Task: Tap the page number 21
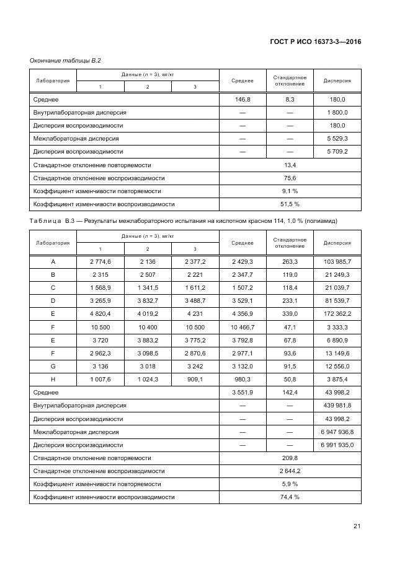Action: pyautogui.click(x=357, y=526)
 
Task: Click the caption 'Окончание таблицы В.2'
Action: pyautogui.click(x=65, y=60)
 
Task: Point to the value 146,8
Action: pyautogui.click(x=242, y=99)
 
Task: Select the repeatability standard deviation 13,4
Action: pyautogui.click(x=290, y=165)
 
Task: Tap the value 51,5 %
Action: pyautogui.click(x=290, y=204)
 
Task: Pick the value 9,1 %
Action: pyautogui.click(x=290, y=191)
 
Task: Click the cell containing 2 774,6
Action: pyautogui.click(x=100, y=262)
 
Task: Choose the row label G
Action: pyautogui.click(x=53, y=366)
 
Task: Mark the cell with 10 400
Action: pyautogui.click(x=147, y=327)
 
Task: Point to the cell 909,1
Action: pyautogui.click(x=195, y=379)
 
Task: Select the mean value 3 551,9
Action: pyautogui.click(x=243, y=392)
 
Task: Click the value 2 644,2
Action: pyautogui.click(x=290, y=471)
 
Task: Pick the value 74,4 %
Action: pyautogui.click(x=290, y=497)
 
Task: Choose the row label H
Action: pyautogui.click(x=53, y=379)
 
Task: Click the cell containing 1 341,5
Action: pyautogui.click(x=147, y=288)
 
